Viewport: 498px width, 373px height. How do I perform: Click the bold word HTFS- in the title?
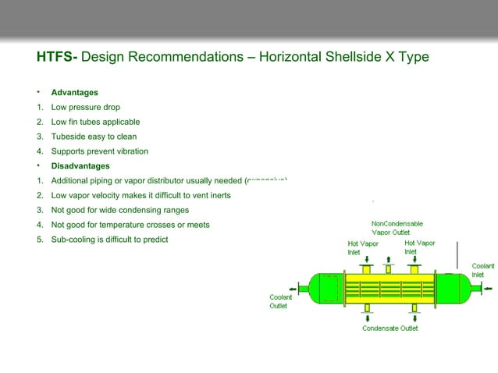pos(57,57)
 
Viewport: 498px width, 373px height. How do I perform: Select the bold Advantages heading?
pos(75,92)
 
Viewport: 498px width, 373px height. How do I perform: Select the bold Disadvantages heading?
pos(80,165)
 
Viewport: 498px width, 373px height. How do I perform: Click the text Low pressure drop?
pos(85,107)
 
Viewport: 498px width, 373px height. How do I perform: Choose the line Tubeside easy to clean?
pos(94,137)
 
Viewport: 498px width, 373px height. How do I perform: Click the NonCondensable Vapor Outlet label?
pos(397,228)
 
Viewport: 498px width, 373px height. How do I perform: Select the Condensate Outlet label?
pos(390,329)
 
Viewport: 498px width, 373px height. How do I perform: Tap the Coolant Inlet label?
pos(482,270)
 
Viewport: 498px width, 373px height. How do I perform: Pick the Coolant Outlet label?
pos(280,301)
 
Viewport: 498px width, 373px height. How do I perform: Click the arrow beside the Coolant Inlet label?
pos(487,288)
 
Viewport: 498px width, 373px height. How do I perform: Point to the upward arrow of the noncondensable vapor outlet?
pos(387,258)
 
